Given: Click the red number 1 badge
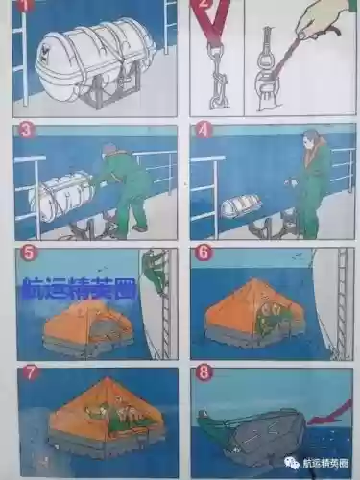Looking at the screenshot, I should pyautogui.click(x=22, y=8).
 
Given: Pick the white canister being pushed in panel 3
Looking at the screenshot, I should pyautogui.click(x=60, y=198).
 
